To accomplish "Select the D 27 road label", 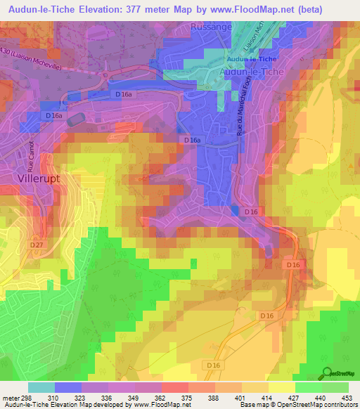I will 37,245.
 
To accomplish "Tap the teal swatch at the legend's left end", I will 41,387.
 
